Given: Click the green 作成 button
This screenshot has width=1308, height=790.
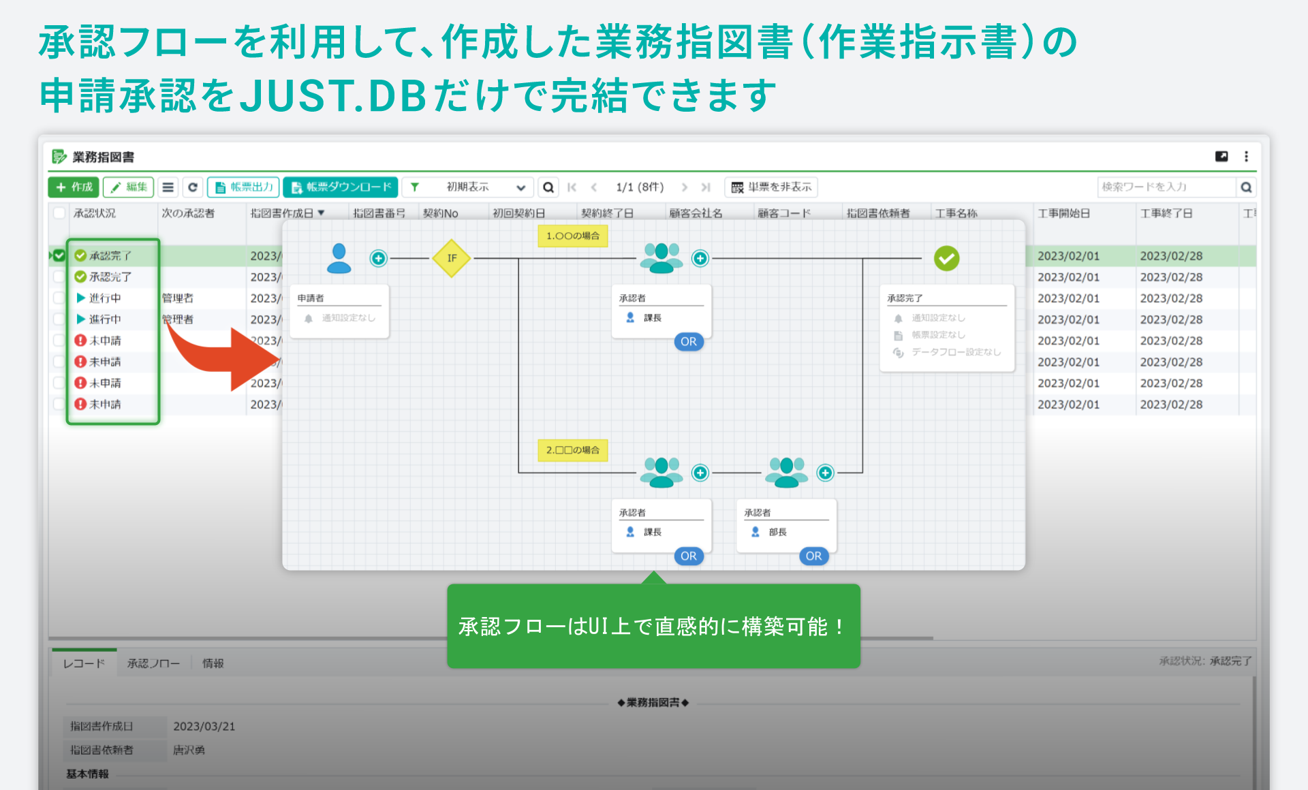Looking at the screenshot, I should pos(74,187).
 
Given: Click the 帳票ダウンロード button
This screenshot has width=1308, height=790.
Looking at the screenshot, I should pos(341,187).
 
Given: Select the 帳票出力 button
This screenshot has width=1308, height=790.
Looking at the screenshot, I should pos(244,187).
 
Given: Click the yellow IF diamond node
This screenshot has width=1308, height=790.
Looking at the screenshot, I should pos(452,258).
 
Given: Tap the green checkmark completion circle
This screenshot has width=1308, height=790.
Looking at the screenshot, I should pos(946,258).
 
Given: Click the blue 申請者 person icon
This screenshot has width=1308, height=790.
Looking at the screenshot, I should pos(339,258).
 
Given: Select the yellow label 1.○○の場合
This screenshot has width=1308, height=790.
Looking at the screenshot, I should pos(572,236).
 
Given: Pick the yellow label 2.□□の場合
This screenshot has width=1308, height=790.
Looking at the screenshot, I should pos(572,450).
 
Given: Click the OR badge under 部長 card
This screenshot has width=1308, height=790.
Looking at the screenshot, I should pos(813,556).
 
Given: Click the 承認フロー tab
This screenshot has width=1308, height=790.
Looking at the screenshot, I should pos(153,663).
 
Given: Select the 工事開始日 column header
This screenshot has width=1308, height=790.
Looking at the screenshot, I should pos(1063,213).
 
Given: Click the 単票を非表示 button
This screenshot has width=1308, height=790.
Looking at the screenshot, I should pos(771,187).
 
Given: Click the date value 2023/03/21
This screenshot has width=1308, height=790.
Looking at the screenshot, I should pos(204,727).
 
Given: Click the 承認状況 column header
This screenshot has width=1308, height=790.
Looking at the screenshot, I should pos(95,213).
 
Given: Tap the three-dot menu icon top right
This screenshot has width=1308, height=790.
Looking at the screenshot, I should pos(1246,157).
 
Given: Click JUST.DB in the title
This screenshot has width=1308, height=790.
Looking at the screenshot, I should pos(334,95).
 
